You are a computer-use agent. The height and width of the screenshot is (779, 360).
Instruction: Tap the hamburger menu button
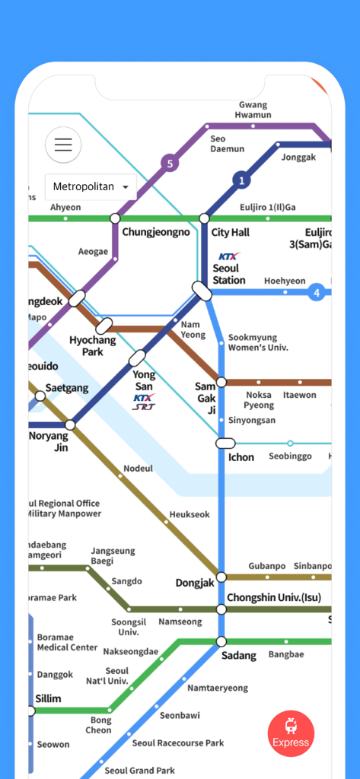pos(63,145)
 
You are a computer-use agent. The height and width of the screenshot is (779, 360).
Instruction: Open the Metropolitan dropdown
pos(91,187)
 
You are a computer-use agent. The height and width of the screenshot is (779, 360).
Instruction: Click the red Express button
pos(291,733)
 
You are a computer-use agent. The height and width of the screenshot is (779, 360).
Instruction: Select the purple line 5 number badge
pos(170,163)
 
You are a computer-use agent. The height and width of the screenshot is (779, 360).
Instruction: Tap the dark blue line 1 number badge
pos(241,180)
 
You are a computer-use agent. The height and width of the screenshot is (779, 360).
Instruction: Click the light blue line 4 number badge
pos(316,291)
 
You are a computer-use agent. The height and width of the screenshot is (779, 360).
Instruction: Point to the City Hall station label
pos(230,233)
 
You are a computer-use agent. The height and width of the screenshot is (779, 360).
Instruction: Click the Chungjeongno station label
pos(156,232)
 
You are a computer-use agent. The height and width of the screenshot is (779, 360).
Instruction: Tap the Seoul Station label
pos(228,274)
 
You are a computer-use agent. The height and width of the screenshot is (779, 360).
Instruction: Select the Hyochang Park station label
pos(92,346)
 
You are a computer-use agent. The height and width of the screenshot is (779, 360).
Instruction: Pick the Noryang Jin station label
pos(48,442)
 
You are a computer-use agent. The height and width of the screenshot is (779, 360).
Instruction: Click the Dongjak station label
pos(194,583)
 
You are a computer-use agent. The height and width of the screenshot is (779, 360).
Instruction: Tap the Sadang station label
pos(238,656)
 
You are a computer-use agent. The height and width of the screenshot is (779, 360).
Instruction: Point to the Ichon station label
pos(241,457)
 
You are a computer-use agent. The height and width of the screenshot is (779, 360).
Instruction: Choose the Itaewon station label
pos(299,395)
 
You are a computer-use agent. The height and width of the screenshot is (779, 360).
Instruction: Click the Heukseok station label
pos(190,515)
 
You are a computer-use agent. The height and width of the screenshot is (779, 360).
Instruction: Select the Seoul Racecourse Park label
pos(178,743)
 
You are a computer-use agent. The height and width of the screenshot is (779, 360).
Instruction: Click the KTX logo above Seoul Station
pos(228,256)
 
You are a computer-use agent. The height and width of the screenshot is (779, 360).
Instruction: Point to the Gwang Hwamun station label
pos(253,110)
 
